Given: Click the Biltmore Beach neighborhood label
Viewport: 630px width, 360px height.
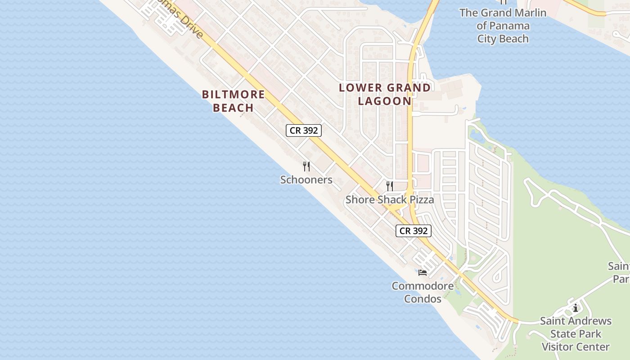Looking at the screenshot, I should [x=233, y=101].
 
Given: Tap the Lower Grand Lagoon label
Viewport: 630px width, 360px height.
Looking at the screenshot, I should [x=385, y=94].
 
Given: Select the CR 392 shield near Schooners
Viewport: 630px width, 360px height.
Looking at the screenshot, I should [x=304, y=130].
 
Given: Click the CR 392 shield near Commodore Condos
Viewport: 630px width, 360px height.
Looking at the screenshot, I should [x=414, y=231].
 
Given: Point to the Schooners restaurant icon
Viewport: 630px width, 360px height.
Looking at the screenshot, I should [x=306, y=166].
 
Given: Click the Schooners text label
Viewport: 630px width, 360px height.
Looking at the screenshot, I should [x=306, y=180].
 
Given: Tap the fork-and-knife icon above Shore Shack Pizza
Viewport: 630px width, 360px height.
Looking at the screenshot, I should [x=390, y=186].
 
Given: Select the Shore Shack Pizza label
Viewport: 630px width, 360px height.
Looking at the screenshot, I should [x=390, y=199].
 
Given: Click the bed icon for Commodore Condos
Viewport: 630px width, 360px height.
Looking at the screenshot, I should [x=422, y=272].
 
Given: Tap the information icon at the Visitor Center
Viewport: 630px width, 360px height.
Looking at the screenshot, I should [x=576, y=308].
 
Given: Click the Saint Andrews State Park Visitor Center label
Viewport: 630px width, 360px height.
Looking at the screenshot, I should [x=576, y=334].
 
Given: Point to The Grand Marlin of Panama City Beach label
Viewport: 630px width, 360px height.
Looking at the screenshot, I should [x=503, y=26].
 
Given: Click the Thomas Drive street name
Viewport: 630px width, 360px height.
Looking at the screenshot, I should [x=184, y=22].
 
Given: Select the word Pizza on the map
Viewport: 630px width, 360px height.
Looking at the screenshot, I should [x=420, y=199].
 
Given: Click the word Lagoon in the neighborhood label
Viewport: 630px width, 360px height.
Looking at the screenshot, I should [x=385, y=101].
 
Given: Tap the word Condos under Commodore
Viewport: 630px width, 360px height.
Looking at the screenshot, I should [x=423, y=298].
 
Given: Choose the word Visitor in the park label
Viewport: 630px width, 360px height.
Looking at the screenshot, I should [x=559, y=347].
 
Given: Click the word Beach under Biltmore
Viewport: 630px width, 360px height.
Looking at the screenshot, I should [x=233, y=108].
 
